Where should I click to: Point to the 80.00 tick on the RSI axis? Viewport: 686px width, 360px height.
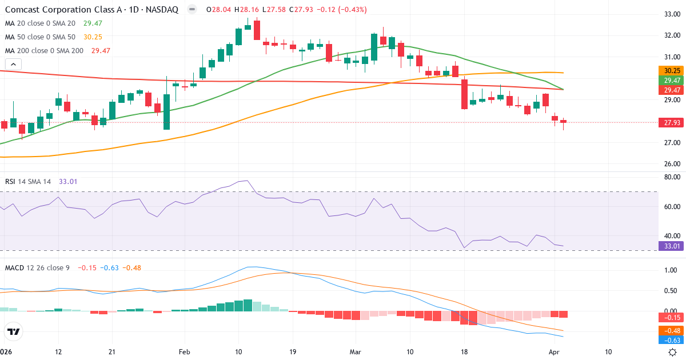pos(671,177)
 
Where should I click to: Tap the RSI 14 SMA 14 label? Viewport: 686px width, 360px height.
pos(28,182)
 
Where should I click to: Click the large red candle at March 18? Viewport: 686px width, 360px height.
pos(464,94)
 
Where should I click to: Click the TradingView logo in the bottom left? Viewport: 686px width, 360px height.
pos(13,332)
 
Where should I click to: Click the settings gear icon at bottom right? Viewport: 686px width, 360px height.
pos(673,352)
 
